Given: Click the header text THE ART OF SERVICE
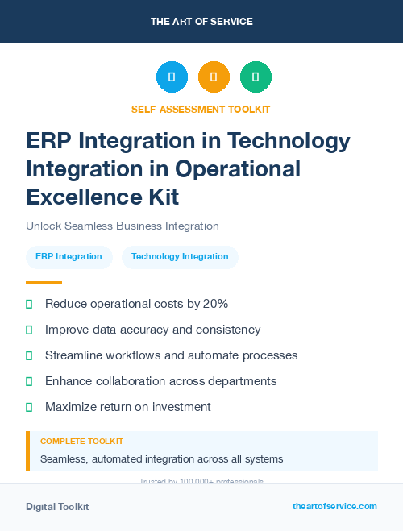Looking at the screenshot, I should click(x=201, y=22).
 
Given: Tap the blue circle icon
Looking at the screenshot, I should click(x=172, y=77).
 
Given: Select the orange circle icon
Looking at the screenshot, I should click(x=214, y=77).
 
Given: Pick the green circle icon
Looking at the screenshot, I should click(x=256, y=77).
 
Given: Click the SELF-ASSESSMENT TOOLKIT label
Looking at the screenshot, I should click(x=201, y=109).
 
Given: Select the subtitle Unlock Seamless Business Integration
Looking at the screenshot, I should click(x=123, y=226).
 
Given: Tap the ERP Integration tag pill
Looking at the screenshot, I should click(x=69, y=256).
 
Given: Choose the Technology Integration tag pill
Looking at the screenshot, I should click(x=180, y=256).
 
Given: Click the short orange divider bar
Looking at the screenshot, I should click(x=44, y=283).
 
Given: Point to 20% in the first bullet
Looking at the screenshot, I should click(x=215, y=304).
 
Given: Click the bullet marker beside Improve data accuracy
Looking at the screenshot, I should click(x=29, y=330).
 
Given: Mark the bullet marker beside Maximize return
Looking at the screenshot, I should click(x=29, y=407).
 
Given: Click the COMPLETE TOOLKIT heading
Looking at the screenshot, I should click(x=81, y=442).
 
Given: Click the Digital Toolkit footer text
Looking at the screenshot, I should click(x=57, y=506).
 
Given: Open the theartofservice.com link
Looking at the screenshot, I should click(x=334, y=506).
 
